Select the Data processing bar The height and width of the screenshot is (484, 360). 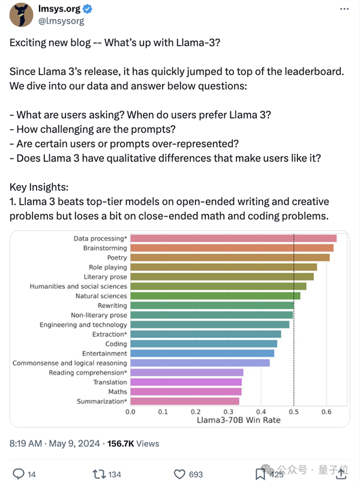[233, 238]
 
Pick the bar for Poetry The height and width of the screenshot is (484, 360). [230, 258]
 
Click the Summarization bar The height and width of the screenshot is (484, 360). [185, 401]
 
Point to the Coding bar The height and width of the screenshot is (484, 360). [203, 344]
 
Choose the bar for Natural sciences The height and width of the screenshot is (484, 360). [215, 296]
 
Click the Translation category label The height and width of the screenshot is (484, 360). [110, 383]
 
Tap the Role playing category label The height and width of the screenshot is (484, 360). [107, 267]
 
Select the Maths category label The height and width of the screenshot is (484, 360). [117, 392]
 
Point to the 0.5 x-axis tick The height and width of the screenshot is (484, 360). [294, 412]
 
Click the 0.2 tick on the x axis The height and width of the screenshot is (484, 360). [196, 412]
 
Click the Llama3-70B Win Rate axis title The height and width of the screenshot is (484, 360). [238, 420]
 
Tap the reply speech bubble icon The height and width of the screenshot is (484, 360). [18, 474]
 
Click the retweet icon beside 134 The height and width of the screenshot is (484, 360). [99, 474]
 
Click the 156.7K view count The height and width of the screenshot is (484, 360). [121, 444]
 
